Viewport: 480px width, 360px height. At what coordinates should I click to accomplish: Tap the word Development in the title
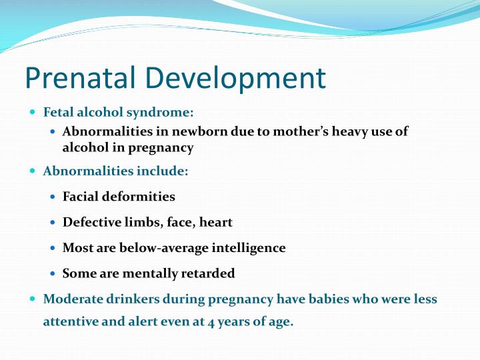coord(233,79)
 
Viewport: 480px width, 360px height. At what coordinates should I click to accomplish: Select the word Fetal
coord(58,112)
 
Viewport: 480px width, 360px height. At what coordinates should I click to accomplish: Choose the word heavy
coord(343,131)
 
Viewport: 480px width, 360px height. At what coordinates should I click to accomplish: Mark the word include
coord(163,171)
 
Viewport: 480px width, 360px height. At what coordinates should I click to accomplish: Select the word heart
coord(215,222)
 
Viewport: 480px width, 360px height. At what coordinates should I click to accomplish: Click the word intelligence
coord(248,248)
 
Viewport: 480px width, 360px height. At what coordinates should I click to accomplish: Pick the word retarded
coord(208,273)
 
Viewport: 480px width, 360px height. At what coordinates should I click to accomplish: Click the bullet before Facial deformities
coord(53,197)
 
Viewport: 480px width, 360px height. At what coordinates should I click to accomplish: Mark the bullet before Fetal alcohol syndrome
coord(34,112)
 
